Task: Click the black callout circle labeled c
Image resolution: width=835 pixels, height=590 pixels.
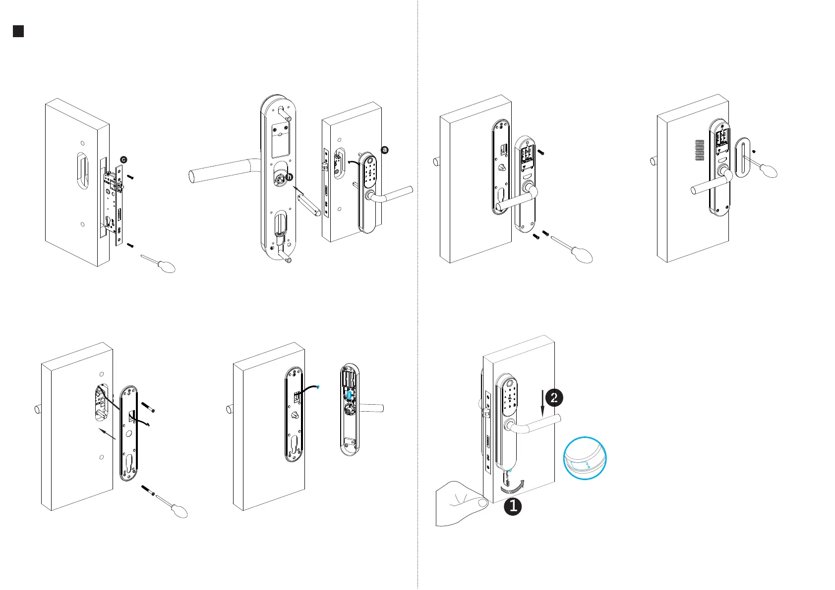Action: [123, 160]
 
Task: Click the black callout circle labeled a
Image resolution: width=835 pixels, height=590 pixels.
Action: [385, 150]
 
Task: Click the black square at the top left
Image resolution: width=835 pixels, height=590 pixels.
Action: [18, 31]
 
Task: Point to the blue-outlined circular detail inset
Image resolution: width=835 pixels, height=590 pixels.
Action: [585, 459]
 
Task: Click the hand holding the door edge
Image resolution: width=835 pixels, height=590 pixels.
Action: [459, 505]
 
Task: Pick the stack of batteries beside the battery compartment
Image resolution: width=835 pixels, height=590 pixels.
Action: [699, 151]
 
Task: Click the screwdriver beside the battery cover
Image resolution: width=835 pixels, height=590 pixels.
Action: [766, 167]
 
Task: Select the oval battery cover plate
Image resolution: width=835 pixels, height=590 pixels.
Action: [742, 157]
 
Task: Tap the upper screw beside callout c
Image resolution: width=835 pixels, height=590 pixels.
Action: [130, 176]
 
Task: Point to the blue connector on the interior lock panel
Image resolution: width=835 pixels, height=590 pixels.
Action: [350, 395]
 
